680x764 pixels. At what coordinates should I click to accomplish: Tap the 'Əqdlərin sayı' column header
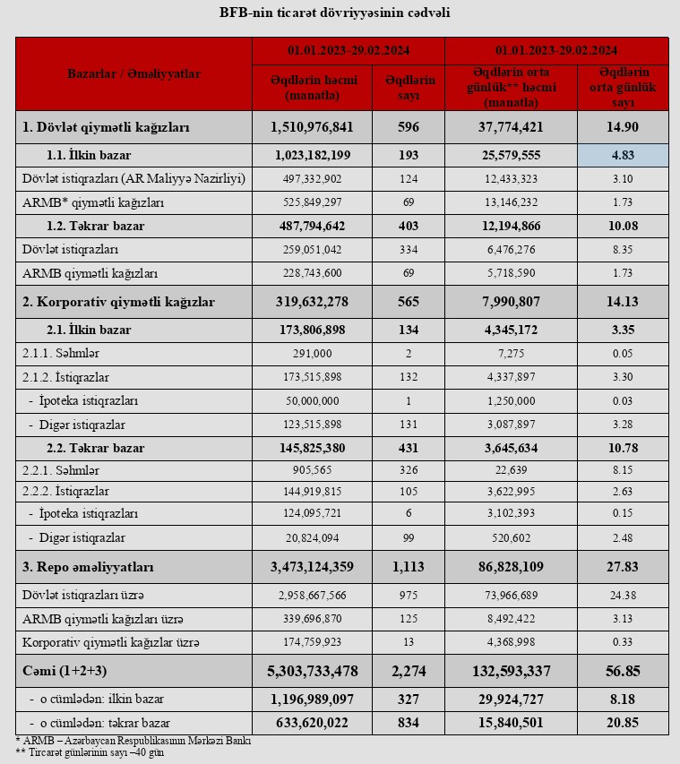pos(409,87)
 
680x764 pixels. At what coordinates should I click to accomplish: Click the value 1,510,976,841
pos(312,127)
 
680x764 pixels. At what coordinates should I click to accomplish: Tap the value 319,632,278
pos(312,302)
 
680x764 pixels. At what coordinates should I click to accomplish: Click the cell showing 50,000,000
pos(312,400)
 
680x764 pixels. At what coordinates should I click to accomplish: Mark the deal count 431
pos(409,447)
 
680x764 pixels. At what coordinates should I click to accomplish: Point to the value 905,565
pos(312,469)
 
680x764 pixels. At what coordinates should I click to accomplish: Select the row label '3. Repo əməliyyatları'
pos(89,567)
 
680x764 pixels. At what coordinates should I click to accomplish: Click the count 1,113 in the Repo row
pos(409,567)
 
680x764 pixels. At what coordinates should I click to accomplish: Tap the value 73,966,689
pos(512,596)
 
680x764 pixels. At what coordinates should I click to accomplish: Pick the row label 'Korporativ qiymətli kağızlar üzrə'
pos(111,641)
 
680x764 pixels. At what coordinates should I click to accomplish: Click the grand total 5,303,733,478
pos(312,671)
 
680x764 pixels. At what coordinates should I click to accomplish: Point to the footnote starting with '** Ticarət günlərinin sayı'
pos(90,751)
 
